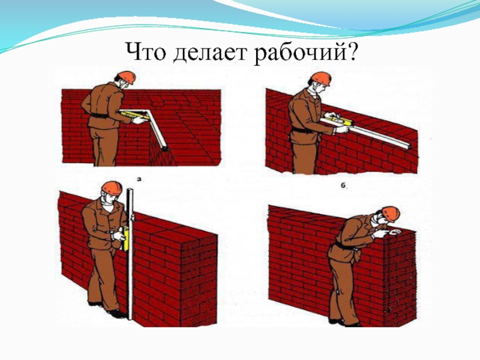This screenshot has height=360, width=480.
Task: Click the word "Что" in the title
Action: (x=146, y=52)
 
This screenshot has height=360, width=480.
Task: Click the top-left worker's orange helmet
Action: (x=126, y=77)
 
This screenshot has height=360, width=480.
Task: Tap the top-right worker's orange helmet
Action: (x=321, y=79)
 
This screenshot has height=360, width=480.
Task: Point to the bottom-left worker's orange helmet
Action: (x=112, y=188)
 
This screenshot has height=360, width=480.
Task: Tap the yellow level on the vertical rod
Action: (x=125, y=238)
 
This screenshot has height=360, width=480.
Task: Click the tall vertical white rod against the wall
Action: (x=130, y=254)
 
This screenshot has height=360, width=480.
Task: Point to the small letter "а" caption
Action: (x=140, y=179)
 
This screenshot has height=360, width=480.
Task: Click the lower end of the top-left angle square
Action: (x=166, y=148)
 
